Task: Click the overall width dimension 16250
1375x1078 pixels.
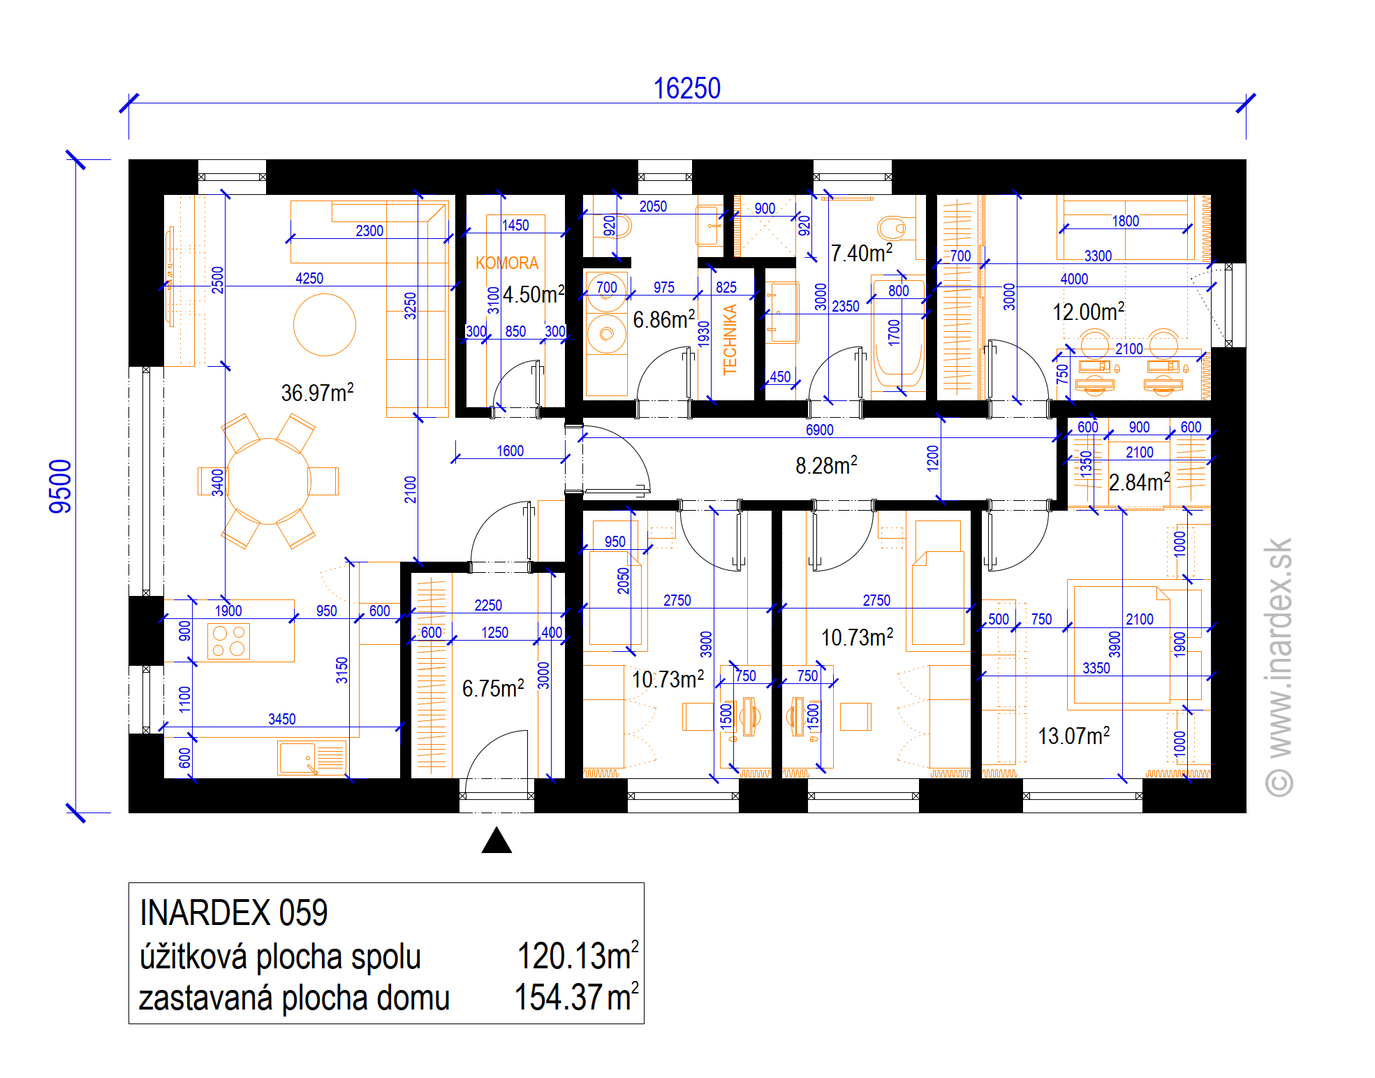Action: (x=686, y=89)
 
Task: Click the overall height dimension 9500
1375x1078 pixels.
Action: (x=61, y=486)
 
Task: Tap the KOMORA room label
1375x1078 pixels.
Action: (x=507, y=263)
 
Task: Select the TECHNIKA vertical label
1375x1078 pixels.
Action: (x=730, y=340)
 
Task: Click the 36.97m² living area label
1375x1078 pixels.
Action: (x=317, y=392)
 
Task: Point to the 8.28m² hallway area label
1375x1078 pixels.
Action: (x=826, y=465)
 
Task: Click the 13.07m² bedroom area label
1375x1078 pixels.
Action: (x=1073, y=735)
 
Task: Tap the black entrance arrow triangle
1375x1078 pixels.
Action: (x=497, y=840)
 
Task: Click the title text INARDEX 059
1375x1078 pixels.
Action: (x=233, y=912)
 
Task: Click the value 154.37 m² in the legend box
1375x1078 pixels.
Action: (x=576, y=997)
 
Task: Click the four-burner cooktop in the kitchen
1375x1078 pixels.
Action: (x=229, y=641)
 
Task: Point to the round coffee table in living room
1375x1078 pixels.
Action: (x=325, y=325)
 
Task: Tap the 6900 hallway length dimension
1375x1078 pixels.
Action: (x=819, y=430)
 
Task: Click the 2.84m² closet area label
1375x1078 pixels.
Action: (x=1139, y=481)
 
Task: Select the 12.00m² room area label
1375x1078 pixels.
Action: (x=1088, y=312)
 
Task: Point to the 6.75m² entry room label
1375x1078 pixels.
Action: (x=493, y=688)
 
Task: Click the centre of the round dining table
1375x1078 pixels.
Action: (x=268, y=481)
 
